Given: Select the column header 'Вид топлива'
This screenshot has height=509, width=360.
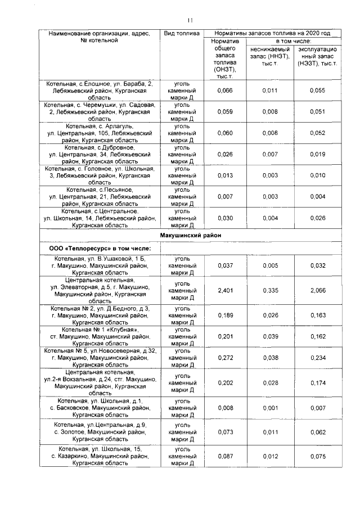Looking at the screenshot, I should click(x=181, y=34).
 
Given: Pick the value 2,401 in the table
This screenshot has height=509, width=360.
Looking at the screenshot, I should click(x=225, y=290).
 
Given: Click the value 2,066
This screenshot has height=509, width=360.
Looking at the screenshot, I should click(x=318, y=290).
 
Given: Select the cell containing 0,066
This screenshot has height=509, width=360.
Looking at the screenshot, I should click(x=225, y=90).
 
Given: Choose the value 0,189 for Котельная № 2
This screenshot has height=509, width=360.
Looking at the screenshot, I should click(x=225, y=316).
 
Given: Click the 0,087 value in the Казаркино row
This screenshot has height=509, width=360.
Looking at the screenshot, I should click(x=225, y=457).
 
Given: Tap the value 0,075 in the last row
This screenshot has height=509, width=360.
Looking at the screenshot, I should click(x=318, y=457).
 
